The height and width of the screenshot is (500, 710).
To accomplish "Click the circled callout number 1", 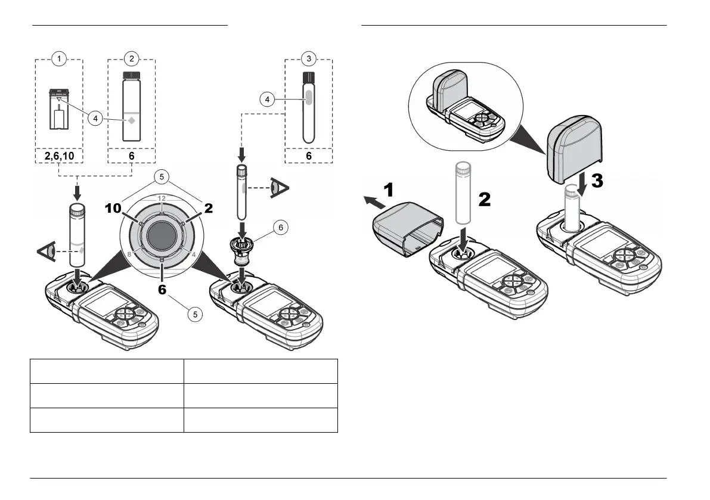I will pyautogui.click(x=58, y=58).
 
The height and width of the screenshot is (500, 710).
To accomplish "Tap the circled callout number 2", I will pyautogui.click(x=131, y=58).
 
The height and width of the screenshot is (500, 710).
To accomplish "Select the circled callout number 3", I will pyautogui.click(x=308, y=58).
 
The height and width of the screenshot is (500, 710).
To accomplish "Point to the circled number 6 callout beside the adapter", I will pyautogui.click(x=281, y=227).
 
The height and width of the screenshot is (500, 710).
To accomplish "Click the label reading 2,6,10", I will pyautogui.click(x=59, y=156).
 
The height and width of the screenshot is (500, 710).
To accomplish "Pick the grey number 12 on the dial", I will pyautogui.click(x=162, y=198).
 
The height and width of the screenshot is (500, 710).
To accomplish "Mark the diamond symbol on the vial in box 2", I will pyautogui.click(x=131, y=121).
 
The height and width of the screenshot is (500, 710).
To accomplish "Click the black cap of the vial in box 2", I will pyautogui.click(x=131, y=77).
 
